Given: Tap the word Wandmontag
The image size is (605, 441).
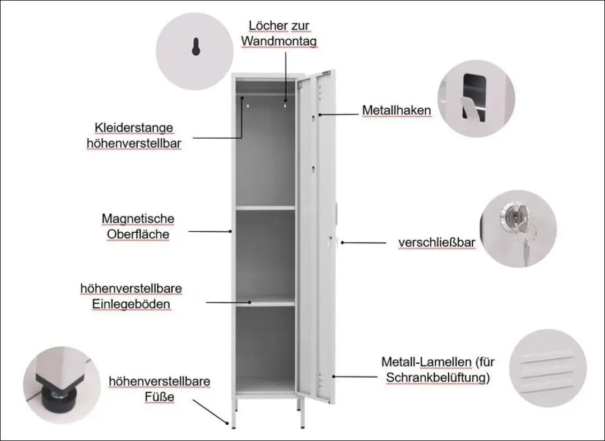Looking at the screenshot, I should tap(279, 42).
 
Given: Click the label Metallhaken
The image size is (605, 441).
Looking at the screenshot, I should tap(396, 111).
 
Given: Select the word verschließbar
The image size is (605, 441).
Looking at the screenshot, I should tap(437, 243).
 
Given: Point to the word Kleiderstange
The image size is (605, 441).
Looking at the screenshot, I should tap(134, 128).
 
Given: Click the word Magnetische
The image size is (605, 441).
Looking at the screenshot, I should tap(138, 218).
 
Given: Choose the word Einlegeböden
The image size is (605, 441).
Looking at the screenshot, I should tap(132, 304).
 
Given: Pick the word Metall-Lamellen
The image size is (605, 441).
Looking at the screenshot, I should tap(427, 362).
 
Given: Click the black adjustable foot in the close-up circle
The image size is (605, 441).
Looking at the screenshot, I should tap(55, 394).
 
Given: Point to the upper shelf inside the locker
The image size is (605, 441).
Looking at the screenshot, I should tap(265, 208).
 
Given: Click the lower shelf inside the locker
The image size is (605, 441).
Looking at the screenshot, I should tap(265, 303).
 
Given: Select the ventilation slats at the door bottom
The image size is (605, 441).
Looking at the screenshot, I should tap(321, 381).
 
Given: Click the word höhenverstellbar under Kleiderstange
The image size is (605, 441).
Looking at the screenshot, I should tap(134, 144).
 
